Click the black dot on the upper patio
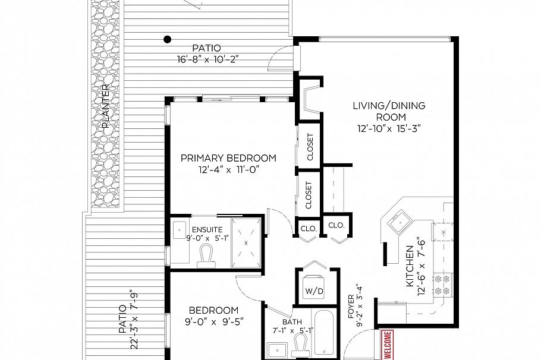click(168, 40)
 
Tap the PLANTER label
click(106, 106)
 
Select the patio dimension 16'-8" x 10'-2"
click(206, 59)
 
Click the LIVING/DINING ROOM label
click(389, 111)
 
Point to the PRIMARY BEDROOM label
click(228, 158)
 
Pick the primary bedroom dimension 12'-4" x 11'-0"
click(228, 170)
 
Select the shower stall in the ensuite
click(246, 244)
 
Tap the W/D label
click(313, 291)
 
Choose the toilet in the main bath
click(301, 343)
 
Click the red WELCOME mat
click(387, 345)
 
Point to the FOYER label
click(351, 304)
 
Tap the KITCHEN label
click(410, 267)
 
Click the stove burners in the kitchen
click(442, 285)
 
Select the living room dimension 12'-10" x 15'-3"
click(389, 128)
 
